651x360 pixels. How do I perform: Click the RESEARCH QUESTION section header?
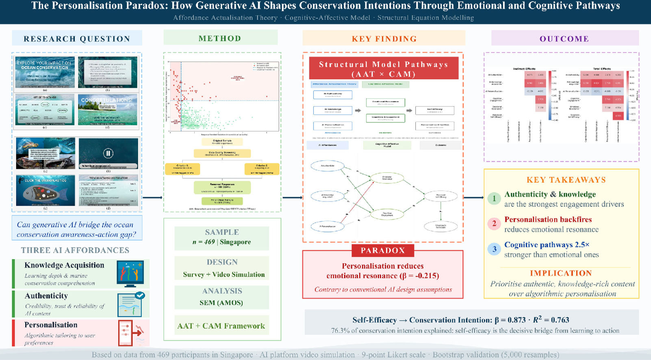pos(77,39)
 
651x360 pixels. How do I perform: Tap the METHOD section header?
pos(220,38)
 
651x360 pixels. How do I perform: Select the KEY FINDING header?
pos(384,39)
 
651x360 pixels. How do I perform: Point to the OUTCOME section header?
pos(564,39)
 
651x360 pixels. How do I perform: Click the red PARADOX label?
pos(383,250)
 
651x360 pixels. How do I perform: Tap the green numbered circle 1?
pos(494,199)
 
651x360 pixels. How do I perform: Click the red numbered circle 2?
pos(494,223)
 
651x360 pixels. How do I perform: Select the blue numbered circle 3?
pos(494,249)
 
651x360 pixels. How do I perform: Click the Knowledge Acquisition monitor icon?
pos(130,273)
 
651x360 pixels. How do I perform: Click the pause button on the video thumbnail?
pos(108,153)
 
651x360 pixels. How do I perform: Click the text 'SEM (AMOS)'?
pos(221,303)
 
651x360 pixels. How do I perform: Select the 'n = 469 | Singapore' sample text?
pos(221,242)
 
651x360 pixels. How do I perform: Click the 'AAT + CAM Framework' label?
pos(221,326)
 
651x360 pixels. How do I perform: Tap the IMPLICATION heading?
pos(560,273)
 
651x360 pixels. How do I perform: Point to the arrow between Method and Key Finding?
pos(292,197)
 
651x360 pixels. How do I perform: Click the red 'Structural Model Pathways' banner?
pos(384,69)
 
